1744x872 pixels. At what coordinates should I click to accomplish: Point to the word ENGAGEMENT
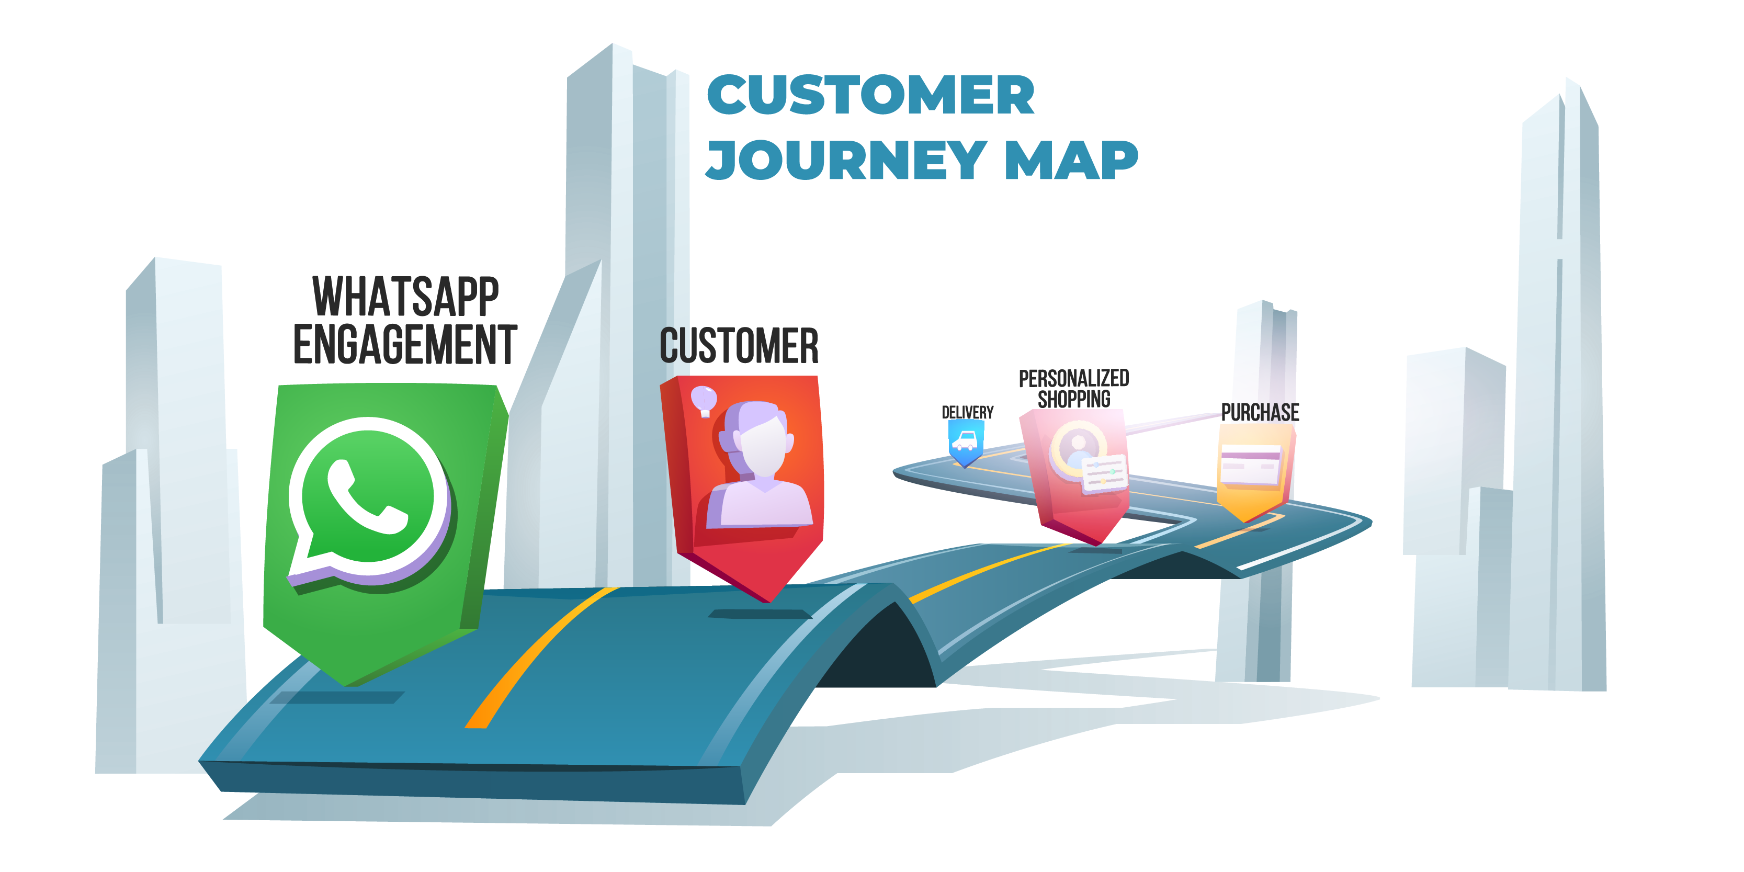[405, 345]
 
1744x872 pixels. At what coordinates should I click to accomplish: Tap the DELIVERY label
[967, 412]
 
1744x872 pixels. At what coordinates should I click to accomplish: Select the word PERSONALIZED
[1074, 378]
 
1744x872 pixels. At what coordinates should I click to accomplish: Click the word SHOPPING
[1074, 400]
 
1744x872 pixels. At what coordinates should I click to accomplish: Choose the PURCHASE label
[1260, 412]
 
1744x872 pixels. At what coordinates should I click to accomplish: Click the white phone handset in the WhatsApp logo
[366, 497]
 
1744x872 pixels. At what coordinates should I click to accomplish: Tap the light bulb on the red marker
[704, 400]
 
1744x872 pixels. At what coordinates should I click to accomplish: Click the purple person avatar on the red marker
[758, 467]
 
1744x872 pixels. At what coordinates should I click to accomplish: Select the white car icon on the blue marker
[965, 442]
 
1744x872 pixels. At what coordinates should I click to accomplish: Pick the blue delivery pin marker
[966, 444]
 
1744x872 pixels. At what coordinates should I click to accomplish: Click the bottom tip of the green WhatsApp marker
[347, 684]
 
